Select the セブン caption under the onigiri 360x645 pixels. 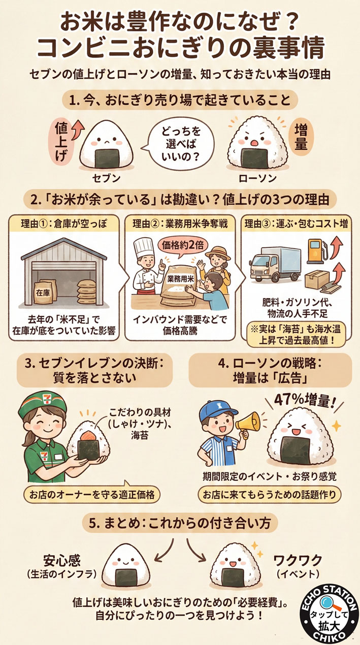(x=106, y=178)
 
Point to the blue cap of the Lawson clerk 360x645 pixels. (x=218, y=410)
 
